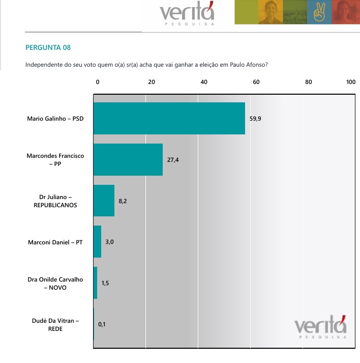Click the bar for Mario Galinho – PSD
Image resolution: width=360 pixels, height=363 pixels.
point(169,118)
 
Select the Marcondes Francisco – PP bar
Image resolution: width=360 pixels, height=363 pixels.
point(128,159)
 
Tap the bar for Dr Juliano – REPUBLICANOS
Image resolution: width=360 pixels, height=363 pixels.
point(104,201)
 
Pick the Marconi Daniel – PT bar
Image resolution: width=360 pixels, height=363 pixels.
point(98,242)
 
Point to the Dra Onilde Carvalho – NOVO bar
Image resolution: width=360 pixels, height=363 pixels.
point(96,283)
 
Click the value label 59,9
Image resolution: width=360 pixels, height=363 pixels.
point(255,118)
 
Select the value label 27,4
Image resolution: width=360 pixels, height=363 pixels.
point(173,160)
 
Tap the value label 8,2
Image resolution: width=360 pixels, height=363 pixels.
point(123,201)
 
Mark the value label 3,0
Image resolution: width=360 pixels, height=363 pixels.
point(109,242)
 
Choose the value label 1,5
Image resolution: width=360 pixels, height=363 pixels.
point(105,283)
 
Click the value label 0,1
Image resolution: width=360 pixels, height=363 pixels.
point(102,324)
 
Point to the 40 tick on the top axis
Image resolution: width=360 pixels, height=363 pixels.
point(204,81)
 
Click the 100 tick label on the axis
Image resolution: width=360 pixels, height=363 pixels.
point(350,81)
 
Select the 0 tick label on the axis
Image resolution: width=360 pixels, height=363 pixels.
point(98,81)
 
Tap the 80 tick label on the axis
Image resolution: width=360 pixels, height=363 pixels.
point(308,81)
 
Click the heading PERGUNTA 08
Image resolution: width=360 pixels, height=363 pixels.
point(48,48)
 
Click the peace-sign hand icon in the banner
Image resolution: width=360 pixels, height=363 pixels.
point(319,12)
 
